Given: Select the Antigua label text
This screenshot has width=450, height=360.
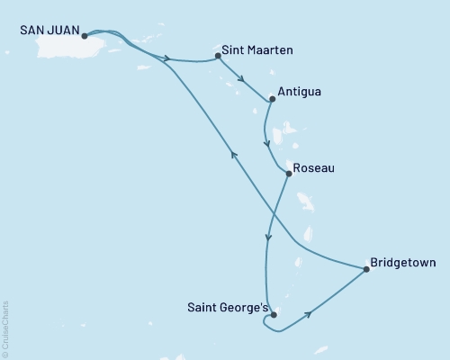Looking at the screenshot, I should tap(301, 92).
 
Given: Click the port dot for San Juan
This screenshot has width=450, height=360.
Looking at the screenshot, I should tap(84, 36).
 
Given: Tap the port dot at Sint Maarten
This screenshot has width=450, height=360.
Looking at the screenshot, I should tap(219, 57).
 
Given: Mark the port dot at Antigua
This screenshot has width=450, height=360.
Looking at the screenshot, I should tap(272, 99).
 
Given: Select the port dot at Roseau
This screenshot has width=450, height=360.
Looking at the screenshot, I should tap(288, 174).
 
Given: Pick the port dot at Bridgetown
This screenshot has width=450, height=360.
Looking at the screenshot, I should tap(365, 268).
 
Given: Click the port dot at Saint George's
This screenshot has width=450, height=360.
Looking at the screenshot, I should tap(274, 315).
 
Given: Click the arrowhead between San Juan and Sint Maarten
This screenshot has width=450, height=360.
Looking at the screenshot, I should tap(167, 60).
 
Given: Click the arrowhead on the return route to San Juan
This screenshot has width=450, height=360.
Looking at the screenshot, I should tap(234, 155).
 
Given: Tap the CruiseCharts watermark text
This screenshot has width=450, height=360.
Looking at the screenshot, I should tap(5, 328).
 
